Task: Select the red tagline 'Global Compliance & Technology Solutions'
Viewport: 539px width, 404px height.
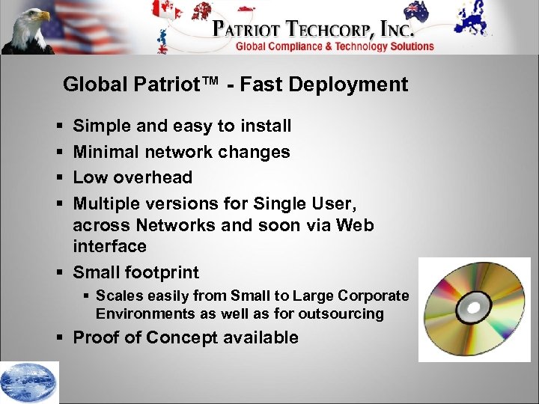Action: (x=335, y=46)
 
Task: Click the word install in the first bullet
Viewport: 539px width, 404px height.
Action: (x=265, y=126)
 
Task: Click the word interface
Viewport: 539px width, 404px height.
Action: (x=109, y=246)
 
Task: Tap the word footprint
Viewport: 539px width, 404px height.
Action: (x=162, y=272)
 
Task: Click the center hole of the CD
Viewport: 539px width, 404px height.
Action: (x=473, y=307)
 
